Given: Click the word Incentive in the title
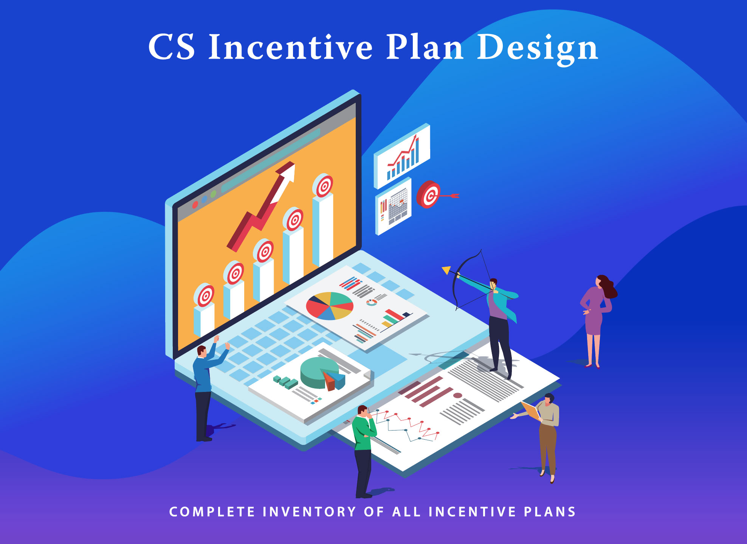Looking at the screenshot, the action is [291, 47].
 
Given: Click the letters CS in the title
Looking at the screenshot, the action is [172, 47].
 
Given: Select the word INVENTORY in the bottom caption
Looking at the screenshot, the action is [310, 512].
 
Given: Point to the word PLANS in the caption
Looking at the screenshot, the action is [550, 512].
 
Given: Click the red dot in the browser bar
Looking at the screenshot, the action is [195, 205].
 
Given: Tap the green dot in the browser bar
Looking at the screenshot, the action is [213, 194].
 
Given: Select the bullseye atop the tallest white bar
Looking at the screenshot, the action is [323, 185].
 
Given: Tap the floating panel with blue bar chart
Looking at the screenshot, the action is [402, 156].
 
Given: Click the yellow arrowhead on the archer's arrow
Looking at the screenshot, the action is [446, 270].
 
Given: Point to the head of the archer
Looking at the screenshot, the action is [493, 283].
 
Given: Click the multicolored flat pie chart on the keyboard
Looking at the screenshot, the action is [330, 306].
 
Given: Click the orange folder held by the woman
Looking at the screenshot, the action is [531, 411].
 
